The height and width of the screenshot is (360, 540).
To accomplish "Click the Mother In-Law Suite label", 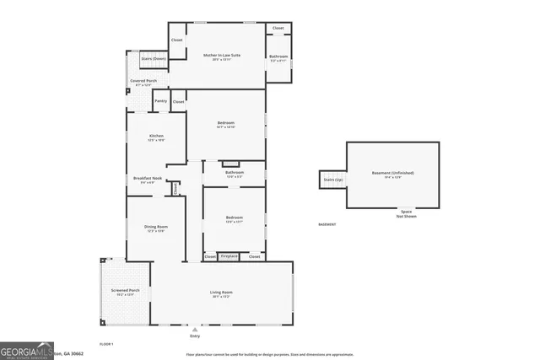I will [x=222, y=56].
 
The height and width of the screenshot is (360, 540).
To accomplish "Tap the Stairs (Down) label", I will [x=154, y=58].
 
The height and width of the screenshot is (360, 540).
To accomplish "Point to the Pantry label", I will [x=160, y=101].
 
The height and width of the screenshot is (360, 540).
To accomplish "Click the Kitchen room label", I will [x=156, y=137].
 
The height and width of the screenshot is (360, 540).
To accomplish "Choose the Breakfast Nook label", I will [x=147, y=179].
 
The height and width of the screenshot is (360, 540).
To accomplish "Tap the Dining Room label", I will [x=155, y=227].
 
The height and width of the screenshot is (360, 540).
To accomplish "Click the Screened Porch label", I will [x=124, y=292].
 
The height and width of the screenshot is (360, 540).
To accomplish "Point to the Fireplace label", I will [x=229, y=255].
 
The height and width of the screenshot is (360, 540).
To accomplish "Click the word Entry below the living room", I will [x=196, y=336].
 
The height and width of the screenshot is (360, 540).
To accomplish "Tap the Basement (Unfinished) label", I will [x=393, y=173].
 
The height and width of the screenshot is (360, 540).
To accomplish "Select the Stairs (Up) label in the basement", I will [x=332, y=180].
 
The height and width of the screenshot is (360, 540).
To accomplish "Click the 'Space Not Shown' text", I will [x=406, y=214].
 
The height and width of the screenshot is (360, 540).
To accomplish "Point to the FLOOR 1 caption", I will [x=106, y=344].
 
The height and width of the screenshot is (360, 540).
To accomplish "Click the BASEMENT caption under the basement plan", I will [x=327, y=224].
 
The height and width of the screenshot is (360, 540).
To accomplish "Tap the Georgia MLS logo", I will [x=30, y=350].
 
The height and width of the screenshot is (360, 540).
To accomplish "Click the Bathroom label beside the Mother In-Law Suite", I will [x=278, y=57].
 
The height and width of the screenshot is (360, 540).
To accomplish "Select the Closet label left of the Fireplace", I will [x=210, y=255].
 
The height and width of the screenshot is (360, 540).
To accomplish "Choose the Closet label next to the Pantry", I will [x=178, y=101].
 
